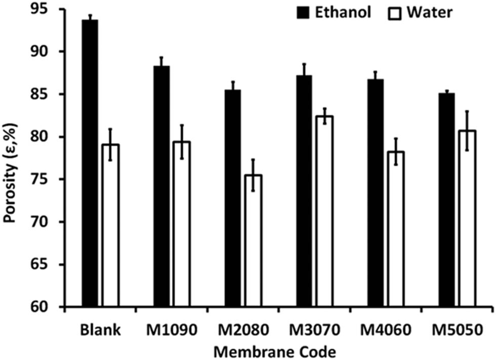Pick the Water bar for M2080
pyautogui.click(x=253, y=241)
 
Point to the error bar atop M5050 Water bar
pyautogui.click(x=467, y=130)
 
